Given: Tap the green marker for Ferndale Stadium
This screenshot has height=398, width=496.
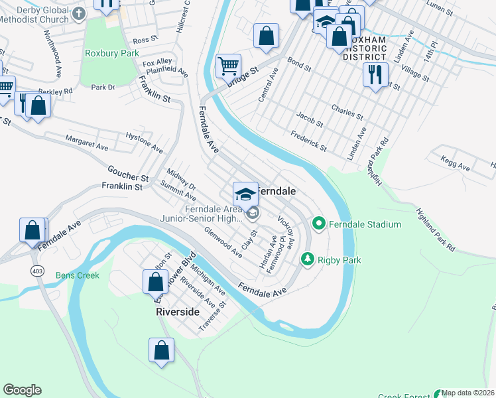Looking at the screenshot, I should pyautogui.click(x=318, y=224).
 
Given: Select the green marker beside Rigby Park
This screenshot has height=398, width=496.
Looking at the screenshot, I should pyautogui.click(x=307, y=259).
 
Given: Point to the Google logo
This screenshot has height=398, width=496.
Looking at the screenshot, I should pyautogui.click(x=22, y=390).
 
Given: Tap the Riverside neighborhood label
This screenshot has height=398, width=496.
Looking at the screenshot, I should pyautogui.click(x=178, y=311).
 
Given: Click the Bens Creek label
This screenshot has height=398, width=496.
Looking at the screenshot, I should pyautogui.click(x=77, y=275).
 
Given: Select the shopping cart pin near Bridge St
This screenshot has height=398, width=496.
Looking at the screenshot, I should pyautogui.click(x=228, y=66).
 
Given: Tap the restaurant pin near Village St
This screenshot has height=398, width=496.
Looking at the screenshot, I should pyautogui.click(x=375, y=75).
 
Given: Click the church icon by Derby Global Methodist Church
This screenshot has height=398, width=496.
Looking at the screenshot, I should pyautogui.click(x=78, y=13).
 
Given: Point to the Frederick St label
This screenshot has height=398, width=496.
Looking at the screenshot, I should pyautogui.click(x=308, y=140).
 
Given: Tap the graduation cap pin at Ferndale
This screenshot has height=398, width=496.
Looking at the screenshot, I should pyautogui.click(x=245, y=194).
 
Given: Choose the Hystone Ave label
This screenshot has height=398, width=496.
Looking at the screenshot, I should pyautogui.click(x=144, y=141).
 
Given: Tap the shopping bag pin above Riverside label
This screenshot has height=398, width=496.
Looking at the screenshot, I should pyautogui.click(x=155, y=281).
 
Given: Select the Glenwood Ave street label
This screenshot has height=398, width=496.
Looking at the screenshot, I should pyautogui.click(x=223, y=243).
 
